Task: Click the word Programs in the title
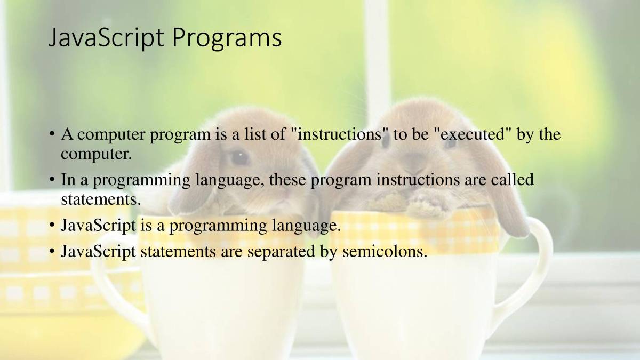tap(227, 38)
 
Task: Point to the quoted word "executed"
tap(475, 134)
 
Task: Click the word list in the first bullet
tap(255, 134)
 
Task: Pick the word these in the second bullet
tap(287, 180)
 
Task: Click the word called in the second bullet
tap(513, 179)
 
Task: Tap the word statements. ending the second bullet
tap(101, 199)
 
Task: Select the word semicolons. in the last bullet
tap(385, 251)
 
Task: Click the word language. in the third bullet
tap(306, 226)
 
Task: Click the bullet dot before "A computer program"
tap(52, 134)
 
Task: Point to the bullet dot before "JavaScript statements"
tap(52, 251)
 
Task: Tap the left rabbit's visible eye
tap(239, 157)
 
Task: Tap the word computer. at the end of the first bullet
tap(97, 154)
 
